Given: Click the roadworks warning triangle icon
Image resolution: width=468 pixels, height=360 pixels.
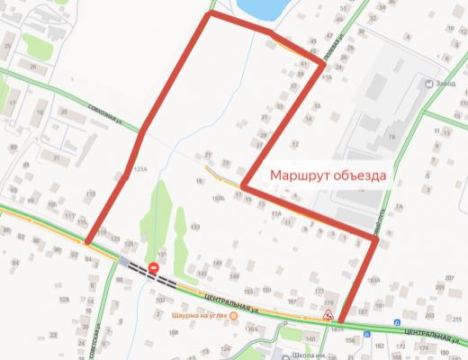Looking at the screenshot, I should click(x=329, y=316).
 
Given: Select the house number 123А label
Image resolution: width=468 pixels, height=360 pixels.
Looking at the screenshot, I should click(x=139, y=169).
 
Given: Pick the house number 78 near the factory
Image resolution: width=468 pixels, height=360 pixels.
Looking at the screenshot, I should click(x=391, y=136).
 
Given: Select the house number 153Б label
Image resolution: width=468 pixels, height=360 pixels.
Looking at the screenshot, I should click(x=217, y=198).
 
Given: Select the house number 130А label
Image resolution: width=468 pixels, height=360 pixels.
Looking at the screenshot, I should click(x=251, y=329).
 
